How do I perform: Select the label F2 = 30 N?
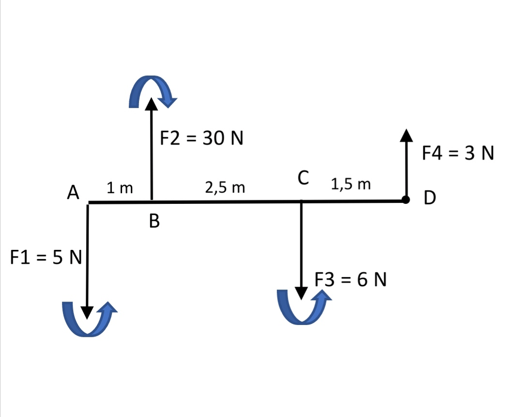[x=201, y=138]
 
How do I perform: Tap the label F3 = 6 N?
[x=350, y=280]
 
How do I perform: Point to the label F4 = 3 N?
[x=458, y=153]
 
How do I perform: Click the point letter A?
[x=74, y=193]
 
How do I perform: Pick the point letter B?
[x=154, y=221]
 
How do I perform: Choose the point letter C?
[x=303, y=178]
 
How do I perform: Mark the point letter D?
[x=430, y=197]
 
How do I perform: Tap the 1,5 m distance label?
[x=351, y=184]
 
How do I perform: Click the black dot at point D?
[x=406, y=200]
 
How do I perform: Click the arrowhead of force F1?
[x=88, y=312]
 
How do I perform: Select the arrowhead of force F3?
[x=301, y=293]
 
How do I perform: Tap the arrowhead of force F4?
[x=406, y=135]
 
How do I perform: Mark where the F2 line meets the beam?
[x=151, y=201]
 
